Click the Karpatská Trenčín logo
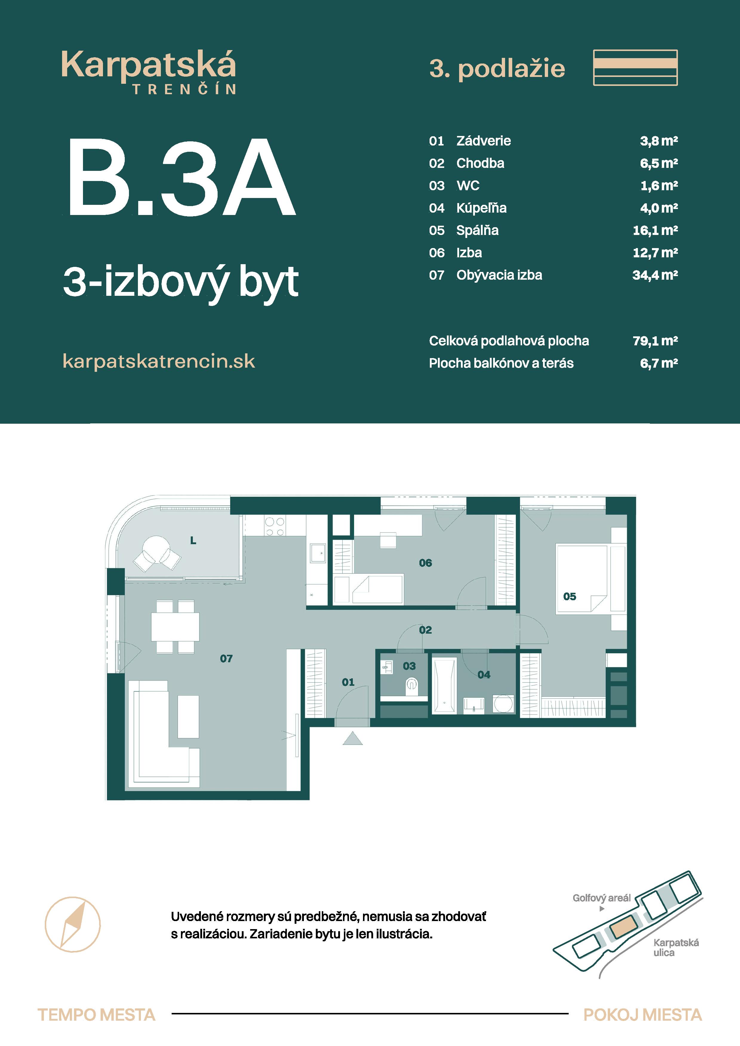149,72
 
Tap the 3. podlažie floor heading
497,69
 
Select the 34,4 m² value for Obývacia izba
655,275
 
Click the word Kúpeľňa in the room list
481,208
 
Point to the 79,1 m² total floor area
655,341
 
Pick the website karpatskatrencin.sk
159,361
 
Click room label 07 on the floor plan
226,658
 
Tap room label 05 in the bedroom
570,596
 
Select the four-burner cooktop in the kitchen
275,527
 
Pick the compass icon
73,924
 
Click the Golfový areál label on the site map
601,898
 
